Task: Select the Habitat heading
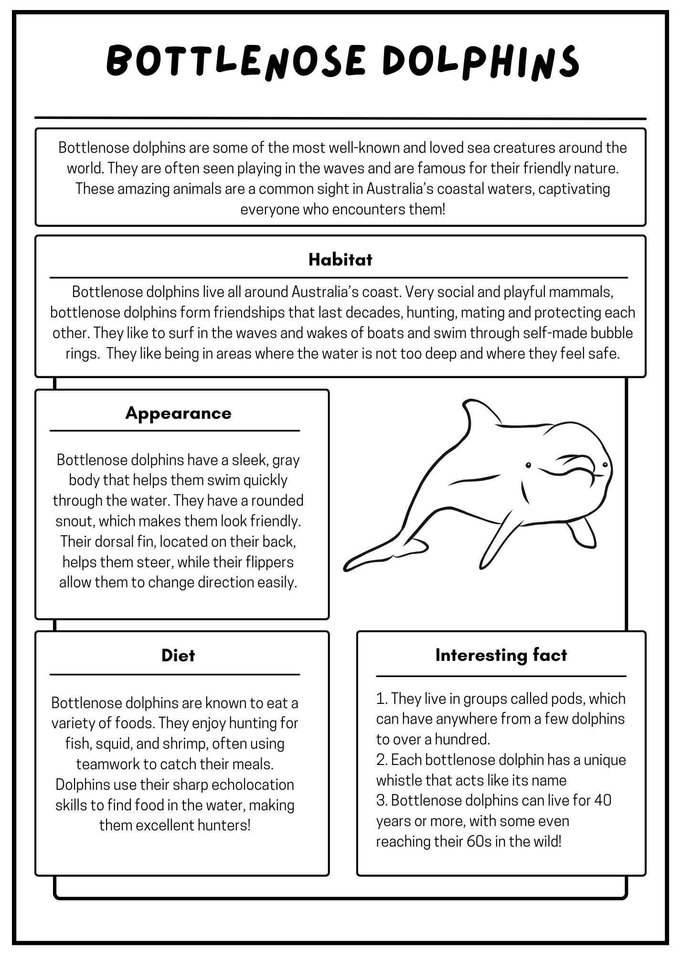click(340, 260)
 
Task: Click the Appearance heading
click(178, 414)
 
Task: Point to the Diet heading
click(178, 656)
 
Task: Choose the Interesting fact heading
click(501, 655)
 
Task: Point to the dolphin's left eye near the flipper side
click(528, 465)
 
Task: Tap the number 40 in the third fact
click(603, 800)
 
